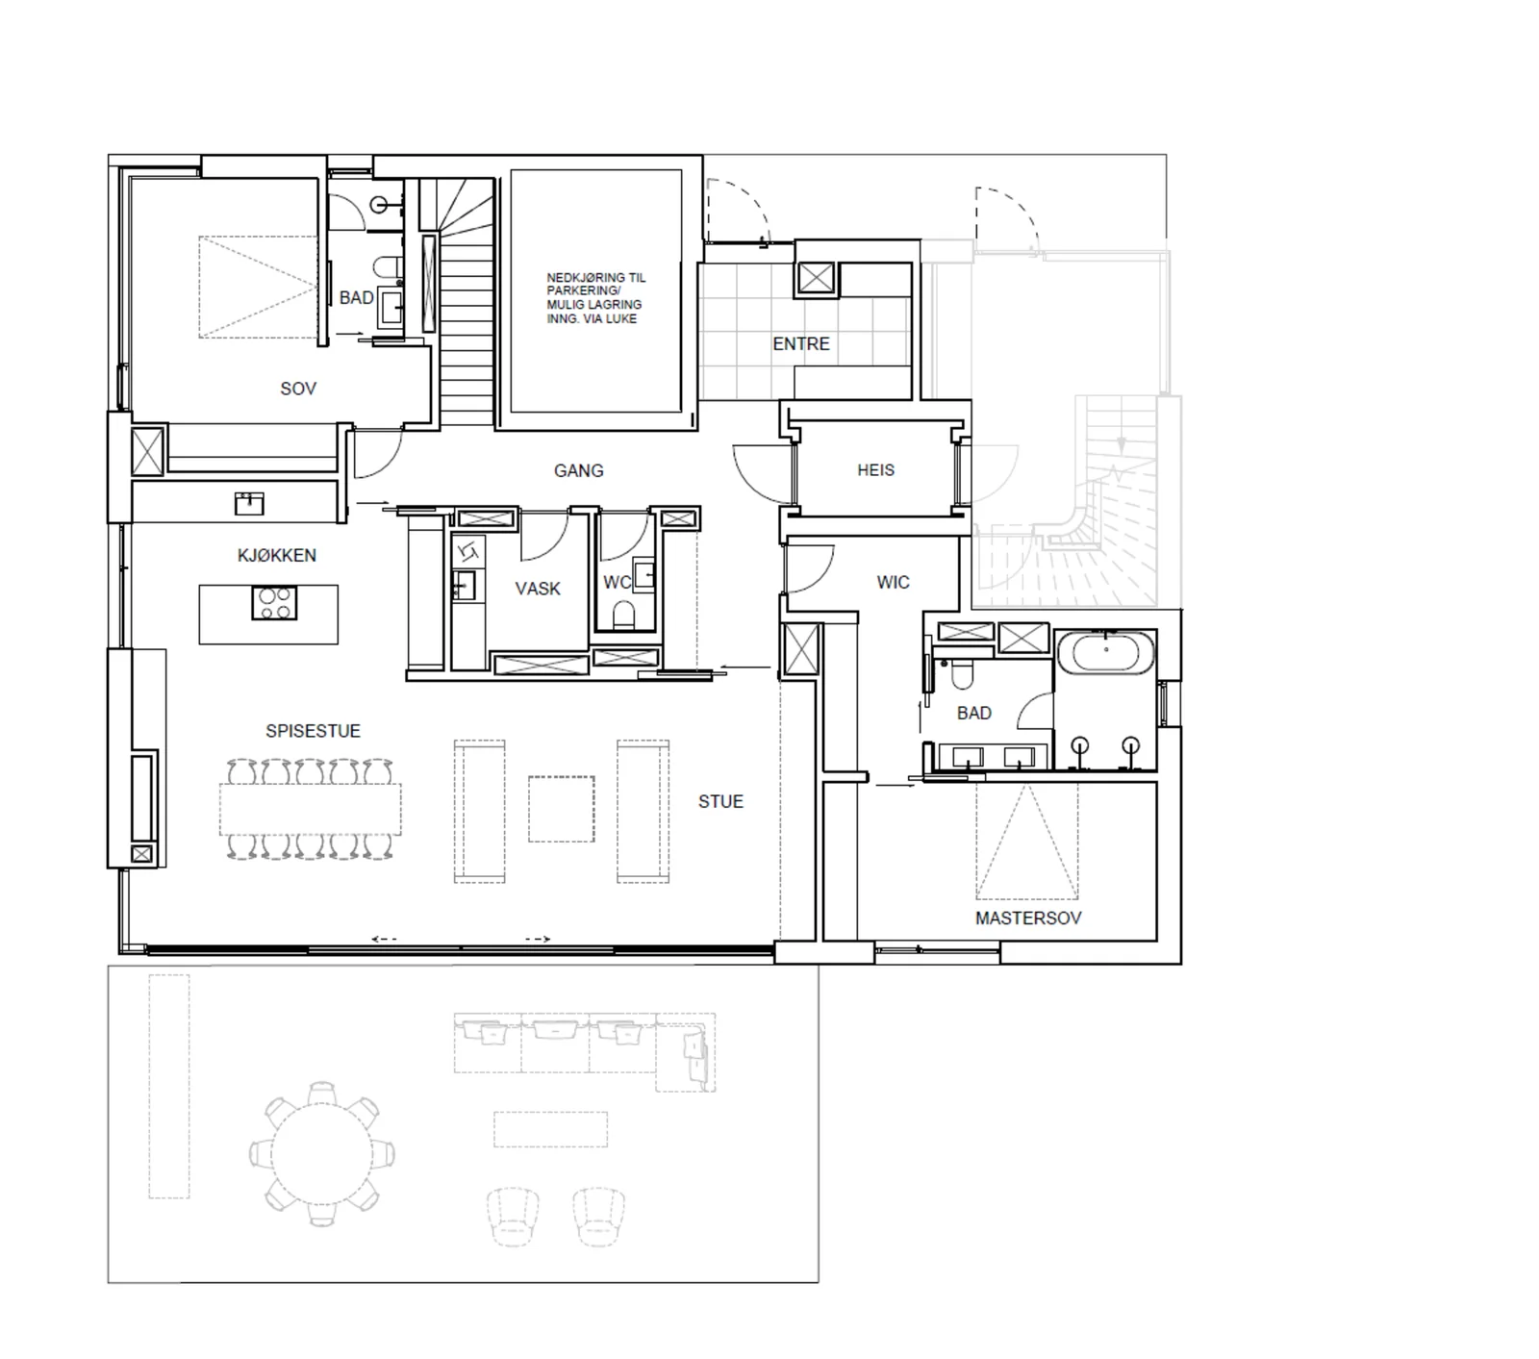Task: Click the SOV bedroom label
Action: pyautogui.click(x=298, y=389)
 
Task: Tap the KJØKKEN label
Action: pyautogui.click(x=276, y=555)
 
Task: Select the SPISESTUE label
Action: pyautogui.click(x=313, y=731)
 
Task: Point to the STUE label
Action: pyautogui.click(x=720, y=801)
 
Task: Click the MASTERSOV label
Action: pyautogui.click(x=1028, y=918)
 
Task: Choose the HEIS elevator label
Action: pyautogui.click(x=875, y=470)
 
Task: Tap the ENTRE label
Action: pyautogui.click(x=800, y=343)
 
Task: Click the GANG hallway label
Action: pyautogui.click(x=578, y=470)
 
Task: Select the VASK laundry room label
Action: pyautogui.click(x=538, y=589)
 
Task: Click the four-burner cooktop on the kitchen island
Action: pyautogui.click(x=274, y=603)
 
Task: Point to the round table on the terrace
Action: pyautogui.click(x=322, y=1154)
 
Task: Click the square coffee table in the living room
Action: pyautogui.click(x=561, y=809)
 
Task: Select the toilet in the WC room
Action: pyautogui.click(x=623, y=616)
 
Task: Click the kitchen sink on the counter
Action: pyautogui.click(x=249, y=502)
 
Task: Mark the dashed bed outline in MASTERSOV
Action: pyautogui.click(x=1026, y=841)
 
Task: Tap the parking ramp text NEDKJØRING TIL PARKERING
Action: pyautogui.click(x=596, y=284)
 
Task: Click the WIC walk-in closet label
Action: pyautogui.click(x=893, y=582)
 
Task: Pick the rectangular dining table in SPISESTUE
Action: pyautogui.click(x=311, y=809)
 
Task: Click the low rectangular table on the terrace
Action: pyautogui.click(x=551, y=1129)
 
